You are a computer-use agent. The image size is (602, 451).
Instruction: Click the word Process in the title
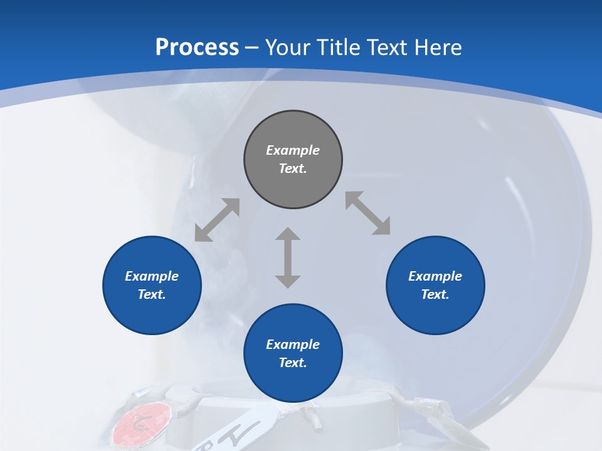point(197,48)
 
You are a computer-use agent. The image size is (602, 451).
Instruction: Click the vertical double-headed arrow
point(288,257)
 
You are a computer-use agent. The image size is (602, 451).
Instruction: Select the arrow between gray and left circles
point(217,220)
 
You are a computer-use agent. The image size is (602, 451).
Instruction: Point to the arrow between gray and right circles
point(368,213)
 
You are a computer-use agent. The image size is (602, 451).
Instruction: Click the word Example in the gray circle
point(293,150)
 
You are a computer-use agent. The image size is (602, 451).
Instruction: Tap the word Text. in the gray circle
point(293,168)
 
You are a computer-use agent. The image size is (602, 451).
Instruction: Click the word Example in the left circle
point(152,276)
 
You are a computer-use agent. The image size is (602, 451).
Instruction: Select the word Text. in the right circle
point(435,294)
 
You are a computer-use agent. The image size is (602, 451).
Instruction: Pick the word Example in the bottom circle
point(293,345)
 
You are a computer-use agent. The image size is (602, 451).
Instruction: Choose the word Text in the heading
point(388,48)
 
